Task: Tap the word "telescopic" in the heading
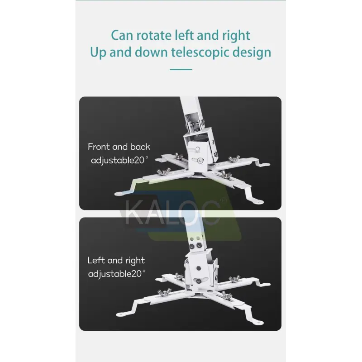tap(200, 52)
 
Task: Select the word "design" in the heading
tap(252, 52)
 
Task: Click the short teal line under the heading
tap(181, 69)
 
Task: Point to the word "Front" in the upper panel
tap(99, 147)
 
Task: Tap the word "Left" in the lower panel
tap(96, 261)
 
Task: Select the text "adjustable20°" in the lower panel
tap(117, 274)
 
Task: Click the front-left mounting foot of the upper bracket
tap(122, 193)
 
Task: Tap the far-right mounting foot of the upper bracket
tap(263, 165)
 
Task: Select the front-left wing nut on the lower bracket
tap(164, 291)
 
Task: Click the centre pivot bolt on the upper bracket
tap(200, 160)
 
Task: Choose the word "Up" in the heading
tap(98, 52)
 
